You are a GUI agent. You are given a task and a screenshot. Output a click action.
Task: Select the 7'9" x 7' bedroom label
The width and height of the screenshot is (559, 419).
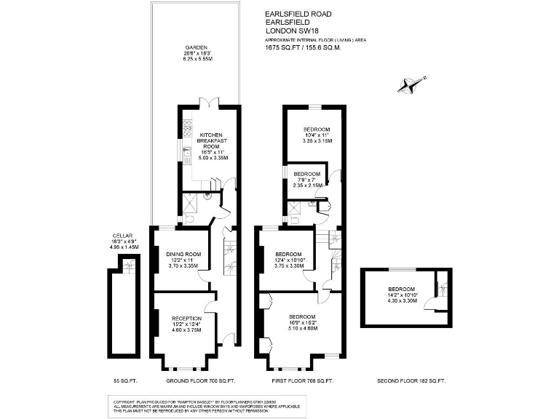pos(306,174)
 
